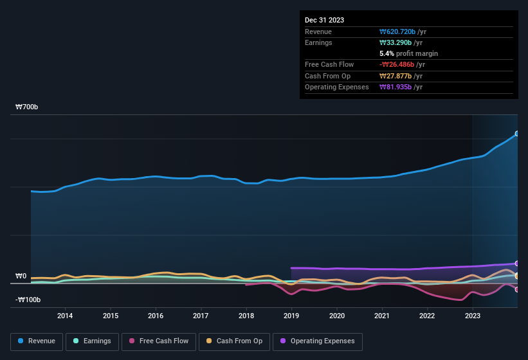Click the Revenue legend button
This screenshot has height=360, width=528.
tap(37, 341)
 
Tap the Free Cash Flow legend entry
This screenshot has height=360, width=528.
tap(159, 341)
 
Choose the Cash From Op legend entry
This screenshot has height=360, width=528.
tap(235, 341)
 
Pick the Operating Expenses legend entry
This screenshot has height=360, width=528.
tap(318, 341)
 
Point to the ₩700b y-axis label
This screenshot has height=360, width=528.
tap(27, 107)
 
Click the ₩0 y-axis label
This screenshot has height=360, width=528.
tap(21, 276)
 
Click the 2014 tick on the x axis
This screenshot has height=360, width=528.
tap(64, 316)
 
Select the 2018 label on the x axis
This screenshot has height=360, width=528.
tap(246, 316)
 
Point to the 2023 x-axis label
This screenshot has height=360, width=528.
tap(473, 316)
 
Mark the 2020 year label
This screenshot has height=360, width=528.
tap(336, 316)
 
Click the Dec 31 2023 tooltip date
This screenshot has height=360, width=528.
tap(324, 20)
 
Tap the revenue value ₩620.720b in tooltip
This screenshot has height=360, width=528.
tap(401, 32)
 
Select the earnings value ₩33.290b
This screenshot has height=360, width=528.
tap(399, 42)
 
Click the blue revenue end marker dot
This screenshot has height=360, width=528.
tap(516, 134)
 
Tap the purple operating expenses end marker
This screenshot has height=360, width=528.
tap(516, 264)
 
